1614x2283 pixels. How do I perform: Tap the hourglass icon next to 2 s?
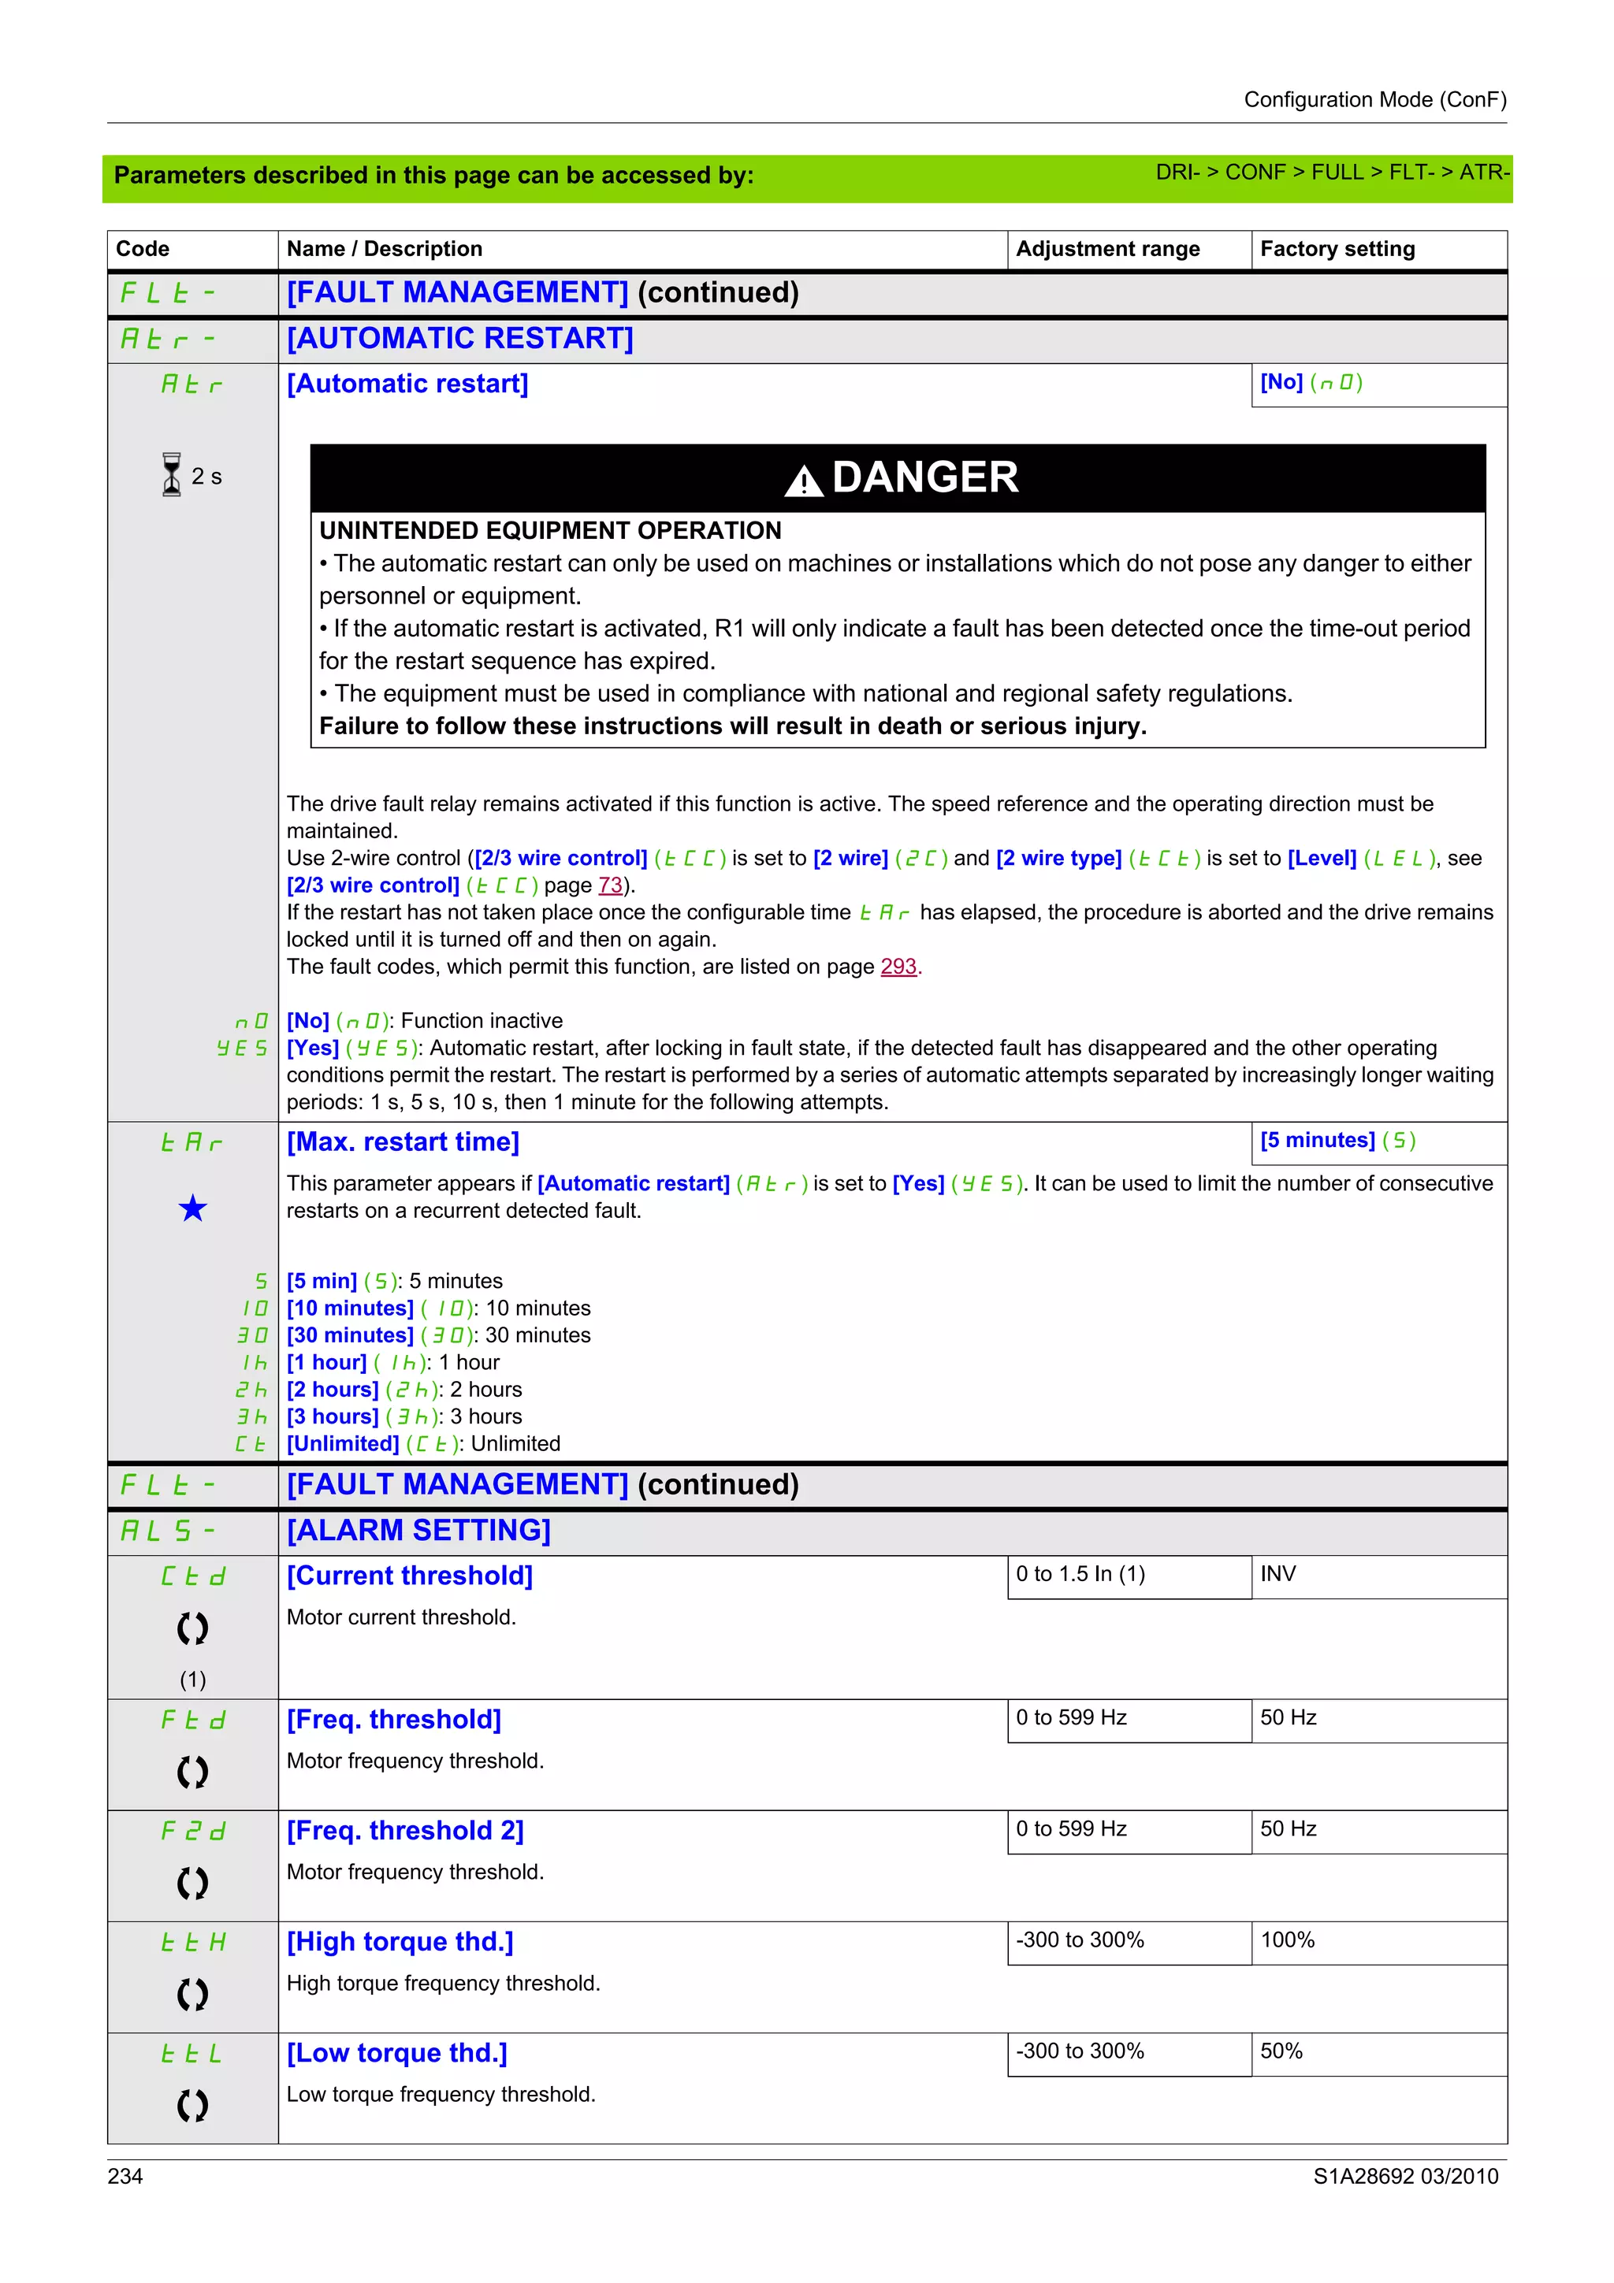172,475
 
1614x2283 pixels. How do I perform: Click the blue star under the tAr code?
193,1208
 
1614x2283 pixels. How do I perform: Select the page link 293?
898,967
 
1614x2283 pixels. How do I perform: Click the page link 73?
610,885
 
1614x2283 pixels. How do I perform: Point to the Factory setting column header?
1337,249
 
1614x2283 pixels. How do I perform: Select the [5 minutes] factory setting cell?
1337,1141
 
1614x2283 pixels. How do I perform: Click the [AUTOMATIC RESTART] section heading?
459,339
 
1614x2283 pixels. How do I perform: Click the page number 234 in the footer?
125,2177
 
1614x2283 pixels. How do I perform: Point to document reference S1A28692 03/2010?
1404,2177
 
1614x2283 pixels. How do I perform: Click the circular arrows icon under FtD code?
193,1772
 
